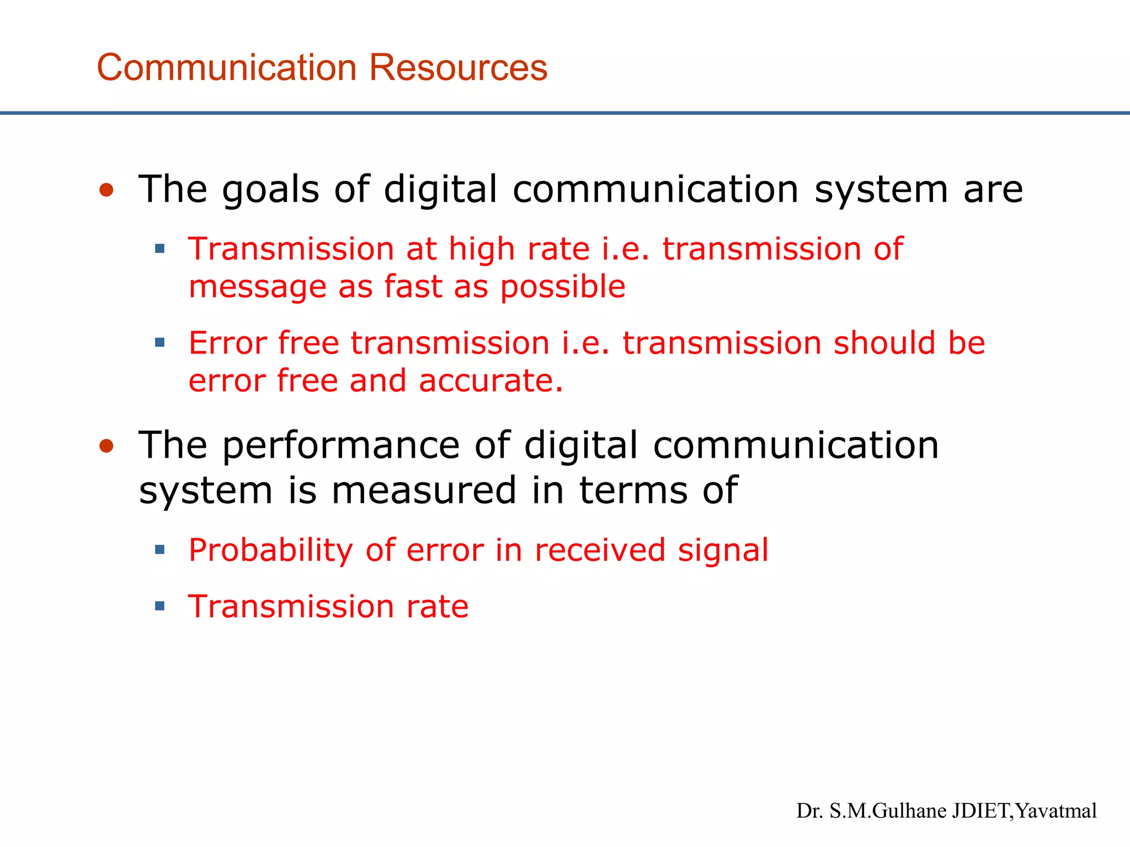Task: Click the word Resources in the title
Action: point(457,67)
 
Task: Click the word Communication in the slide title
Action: point(227,67)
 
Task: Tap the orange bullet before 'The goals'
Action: point(106,190)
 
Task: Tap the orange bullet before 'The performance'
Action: point(106,446)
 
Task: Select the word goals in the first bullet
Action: point(270,190)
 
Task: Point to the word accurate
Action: point(491,381)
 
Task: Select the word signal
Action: point(723,550)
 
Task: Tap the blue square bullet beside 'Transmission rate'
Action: point(160,607)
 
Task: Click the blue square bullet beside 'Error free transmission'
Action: point(160,343)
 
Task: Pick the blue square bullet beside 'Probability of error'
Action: point(160,550)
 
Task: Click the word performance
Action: point(340,447)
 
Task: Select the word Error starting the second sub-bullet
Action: point(227,343)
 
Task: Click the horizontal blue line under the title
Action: point(565,113)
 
